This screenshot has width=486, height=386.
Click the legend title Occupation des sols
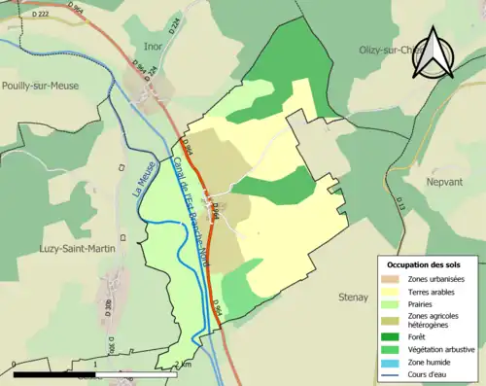coord(424,264)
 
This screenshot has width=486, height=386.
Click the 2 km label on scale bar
coord(184,365)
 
